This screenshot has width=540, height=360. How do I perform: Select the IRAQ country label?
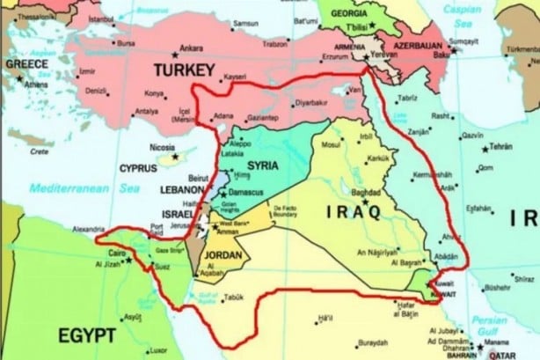click(x=353, y=212)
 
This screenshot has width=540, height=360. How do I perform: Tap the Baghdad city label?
click(x=364, y=192)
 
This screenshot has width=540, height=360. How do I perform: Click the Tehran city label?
click(x=500, y=145)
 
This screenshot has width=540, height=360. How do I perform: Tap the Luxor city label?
click(x=158, y=349)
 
